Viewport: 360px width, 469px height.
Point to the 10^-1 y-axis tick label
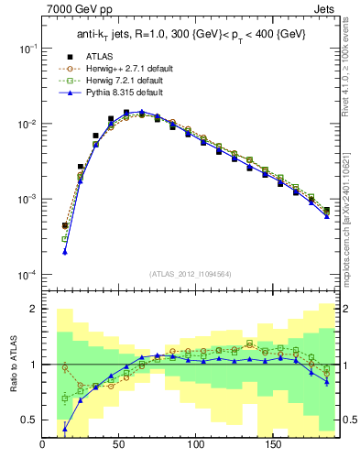tap(27, 49)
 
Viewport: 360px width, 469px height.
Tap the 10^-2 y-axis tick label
tap(27, 124)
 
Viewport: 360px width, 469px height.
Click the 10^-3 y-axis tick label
tap(27, 200)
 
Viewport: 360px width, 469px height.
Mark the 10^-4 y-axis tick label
tap(27, 275)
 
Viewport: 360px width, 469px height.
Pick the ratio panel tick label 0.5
tap(28, 420)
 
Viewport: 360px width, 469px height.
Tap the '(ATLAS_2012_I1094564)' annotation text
tap(190, 274)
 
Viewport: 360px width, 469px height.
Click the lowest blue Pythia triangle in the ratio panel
tap(65, 428)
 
